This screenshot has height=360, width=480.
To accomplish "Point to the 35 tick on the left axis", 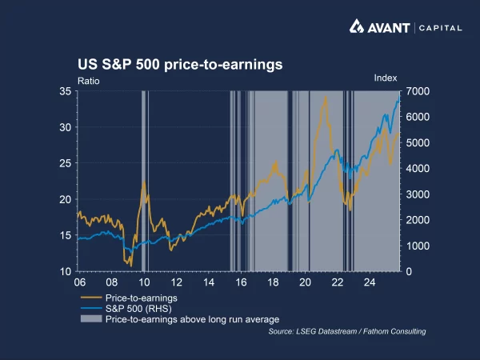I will (x=66, y=92).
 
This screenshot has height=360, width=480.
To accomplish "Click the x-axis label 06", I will (x=79, y=282).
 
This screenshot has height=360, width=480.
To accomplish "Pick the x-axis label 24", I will (x=370, y=282).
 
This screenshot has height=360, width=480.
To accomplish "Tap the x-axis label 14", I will (x=208, y=282).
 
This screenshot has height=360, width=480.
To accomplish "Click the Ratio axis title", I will (x=88, y=80).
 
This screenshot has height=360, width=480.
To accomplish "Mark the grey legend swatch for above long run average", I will (x=90, y=318).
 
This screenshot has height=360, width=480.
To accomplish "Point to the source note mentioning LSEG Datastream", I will (x=346, y=331).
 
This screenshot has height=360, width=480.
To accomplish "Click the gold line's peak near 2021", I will (x=325, y=96).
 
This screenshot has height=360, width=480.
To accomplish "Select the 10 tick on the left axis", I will (x=66, y=271).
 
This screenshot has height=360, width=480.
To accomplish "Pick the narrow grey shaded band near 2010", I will (x=143, y=181).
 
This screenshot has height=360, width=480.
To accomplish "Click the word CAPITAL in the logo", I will (x=439, y=27).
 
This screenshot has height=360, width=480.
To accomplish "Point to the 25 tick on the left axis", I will (x=66, y=163).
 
